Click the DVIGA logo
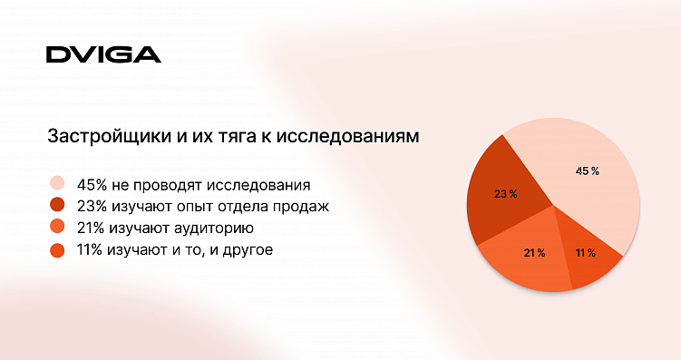(x=103, y=54)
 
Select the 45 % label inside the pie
(x=588, y=170)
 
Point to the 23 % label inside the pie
(x=505, y=194)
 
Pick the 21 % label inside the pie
(x=534, y=252)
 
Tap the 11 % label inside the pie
(x=585, y=252)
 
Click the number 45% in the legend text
(x=92, y=183)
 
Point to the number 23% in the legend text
(x=92, y=206)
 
